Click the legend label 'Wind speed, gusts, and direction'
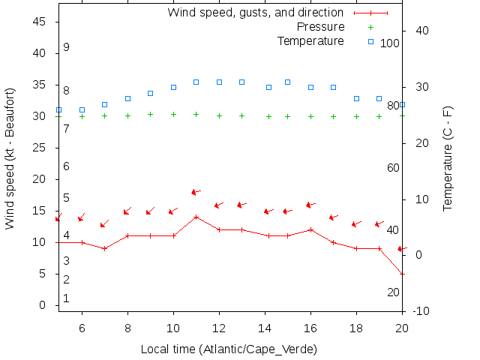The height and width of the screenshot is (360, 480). pos(255,13)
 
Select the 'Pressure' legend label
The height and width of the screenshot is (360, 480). pos(310,26)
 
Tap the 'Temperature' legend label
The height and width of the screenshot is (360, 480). pos(310,40)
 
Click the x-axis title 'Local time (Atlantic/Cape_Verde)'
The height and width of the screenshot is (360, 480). pos(229,349)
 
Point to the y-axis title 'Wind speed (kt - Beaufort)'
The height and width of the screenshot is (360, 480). pos(10,158)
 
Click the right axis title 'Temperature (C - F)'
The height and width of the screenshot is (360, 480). pos(448,158)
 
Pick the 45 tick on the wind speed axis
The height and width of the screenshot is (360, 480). pos(42,22)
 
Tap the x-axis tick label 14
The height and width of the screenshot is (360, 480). pos(265,328)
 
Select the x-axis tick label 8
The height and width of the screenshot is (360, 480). pos(127,328)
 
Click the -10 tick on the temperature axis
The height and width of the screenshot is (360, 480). pos(421,311)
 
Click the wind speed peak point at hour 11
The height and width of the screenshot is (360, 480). pos(196,217)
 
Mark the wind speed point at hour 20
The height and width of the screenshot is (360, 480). pos(402,274)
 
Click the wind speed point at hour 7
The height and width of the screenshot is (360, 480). pos(105,248)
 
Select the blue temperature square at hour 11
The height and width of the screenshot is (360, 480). pos(196,82)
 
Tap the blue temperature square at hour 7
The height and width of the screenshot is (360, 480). pos(105,104)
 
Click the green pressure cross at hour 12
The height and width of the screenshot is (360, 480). pos(219,115)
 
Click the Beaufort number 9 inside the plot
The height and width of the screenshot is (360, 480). pos(66,47)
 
